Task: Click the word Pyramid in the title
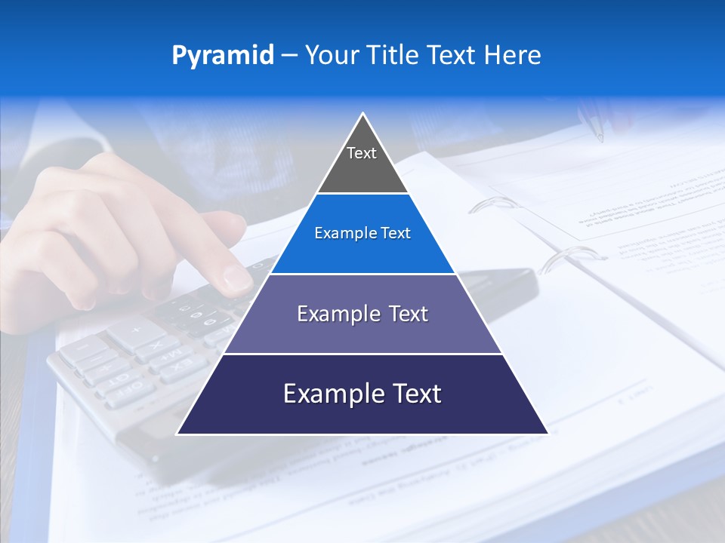222,56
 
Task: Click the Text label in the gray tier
362,153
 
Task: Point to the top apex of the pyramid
362,114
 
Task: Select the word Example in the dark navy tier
327,394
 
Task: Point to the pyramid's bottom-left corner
177,434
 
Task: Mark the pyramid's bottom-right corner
548,434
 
